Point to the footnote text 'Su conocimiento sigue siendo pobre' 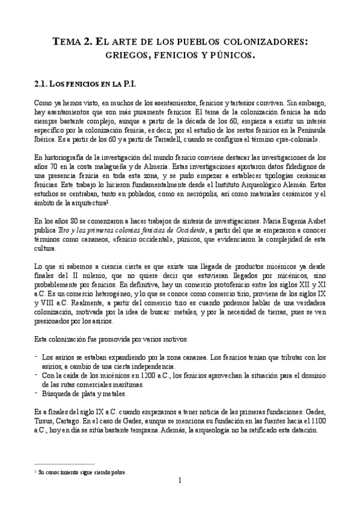pyautogui.click(x=82, y=472)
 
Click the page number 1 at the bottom pyautogui.click(x=180, y=481)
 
